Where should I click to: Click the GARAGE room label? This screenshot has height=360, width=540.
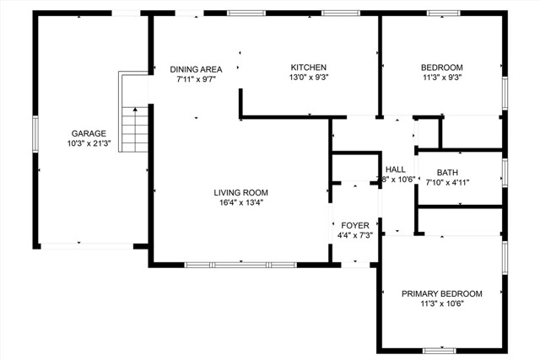(x=89, y=133)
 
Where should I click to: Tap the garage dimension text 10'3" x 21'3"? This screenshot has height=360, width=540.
(x=89, y=143)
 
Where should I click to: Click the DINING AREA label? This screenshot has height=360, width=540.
(x=195, y=69)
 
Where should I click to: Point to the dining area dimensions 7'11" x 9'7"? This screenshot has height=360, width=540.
(x=195, y=79)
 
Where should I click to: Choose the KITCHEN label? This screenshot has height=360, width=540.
(x=308, y=67)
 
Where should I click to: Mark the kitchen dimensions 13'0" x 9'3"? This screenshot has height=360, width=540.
(x=308, y=78)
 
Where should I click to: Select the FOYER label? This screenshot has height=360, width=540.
(x=354, y=225)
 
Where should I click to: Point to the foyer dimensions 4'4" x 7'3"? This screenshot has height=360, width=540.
(x=354, y=235)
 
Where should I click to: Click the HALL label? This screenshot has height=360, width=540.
(x=396, y=169)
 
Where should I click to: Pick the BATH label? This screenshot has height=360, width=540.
(x=447, y=173)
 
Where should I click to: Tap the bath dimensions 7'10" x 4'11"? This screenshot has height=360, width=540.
(x=447, y=183)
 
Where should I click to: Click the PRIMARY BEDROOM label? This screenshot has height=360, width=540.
(x=441, y=293)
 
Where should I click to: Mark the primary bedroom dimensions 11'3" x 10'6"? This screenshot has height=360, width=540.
(x=441, y=304)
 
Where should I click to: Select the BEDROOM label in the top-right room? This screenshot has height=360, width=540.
(x=441, y=67)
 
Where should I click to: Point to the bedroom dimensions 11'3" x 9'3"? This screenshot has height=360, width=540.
(x=441, y=78)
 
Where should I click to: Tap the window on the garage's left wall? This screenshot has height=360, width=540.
(x=35, y=135)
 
